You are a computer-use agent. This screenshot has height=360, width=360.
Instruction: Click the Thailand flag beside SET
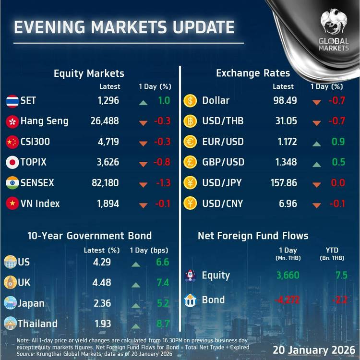(x=12, y=101)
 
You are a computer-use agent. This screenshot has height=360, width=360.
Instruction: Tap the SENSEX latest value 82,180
(x=104, y=183)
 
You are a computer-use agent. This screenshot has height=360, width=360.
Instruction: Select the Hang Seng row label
(x=44, y=121)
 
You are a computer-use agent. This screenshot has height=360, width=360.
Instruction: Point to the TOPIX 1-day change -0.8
(x=162, y=162)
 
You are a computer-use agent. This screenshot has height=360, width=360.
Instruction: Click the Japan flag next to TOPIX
(x=12, y=162)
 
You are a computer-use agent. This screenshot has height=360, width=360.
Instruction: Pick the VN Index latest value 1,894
(x=108, y=204)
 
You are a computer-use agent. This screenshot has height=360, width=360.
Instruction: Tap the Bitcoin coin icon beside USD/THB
(x=190, y=121)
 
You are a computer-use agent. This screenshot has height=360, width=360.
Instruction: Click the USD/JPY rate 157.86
(x=283, y=183)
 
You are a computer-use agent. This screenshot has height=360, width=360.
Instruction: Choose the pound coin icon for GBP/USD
(x=190, y=162)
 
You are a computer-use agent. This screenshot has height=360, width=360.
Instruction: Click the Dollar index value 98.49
(x=285, y=101)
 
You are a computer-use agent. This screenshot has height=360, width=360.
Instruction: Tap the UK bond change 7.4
(x=163, y=283)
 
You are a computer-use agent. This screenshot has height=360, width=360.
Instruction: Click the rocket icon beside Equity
(x=190, y=276)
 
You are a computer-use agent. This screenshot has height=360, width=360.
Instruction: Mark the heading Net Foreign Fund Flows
(x=253, y=236)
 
